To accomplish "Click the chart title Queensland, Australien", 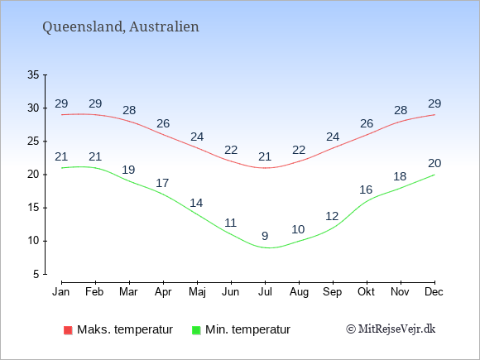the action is (x=121, y=27).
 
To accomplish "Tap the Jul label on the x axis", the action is (x=265, y=292).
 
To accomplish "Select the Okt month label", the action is (x=366, y=292).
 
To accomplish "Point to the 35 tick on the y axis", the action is (x=33, y=74).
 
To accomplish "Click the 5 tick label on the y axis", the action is (x=36, y=274).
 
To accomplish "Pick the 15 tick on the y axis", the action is (x=33, y=208).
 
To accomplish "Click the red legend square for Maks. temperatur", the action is (x=68, y=330).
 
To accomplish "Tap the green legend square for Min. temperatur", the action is (x=196, y=330).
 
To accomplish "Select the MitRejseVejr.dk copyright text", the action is (x=391, y=329).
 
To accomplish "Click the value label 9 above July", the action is (x=265, y=236).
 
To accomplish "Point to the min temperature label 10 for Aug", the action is (x=298, y=229).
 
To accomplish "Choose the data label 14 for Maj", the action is (x=196, y=203).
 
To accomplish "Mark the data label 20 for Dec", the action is (x=434, y=163).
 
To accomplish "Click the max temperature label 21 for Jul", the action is (x=265, y=156).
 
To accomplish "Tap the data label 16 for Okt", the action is (x=366, y=190).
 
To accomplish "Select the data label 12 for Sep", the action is (x=332, y=217).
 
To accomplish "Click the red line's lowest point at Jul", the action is (x=265, y=168).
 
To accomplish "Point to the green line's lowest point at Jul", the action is (x=268, y=247).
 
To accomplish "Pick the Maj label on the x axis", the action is (x=197, y=292).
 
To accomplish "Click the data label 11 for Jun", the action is (x=231, y=223).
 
